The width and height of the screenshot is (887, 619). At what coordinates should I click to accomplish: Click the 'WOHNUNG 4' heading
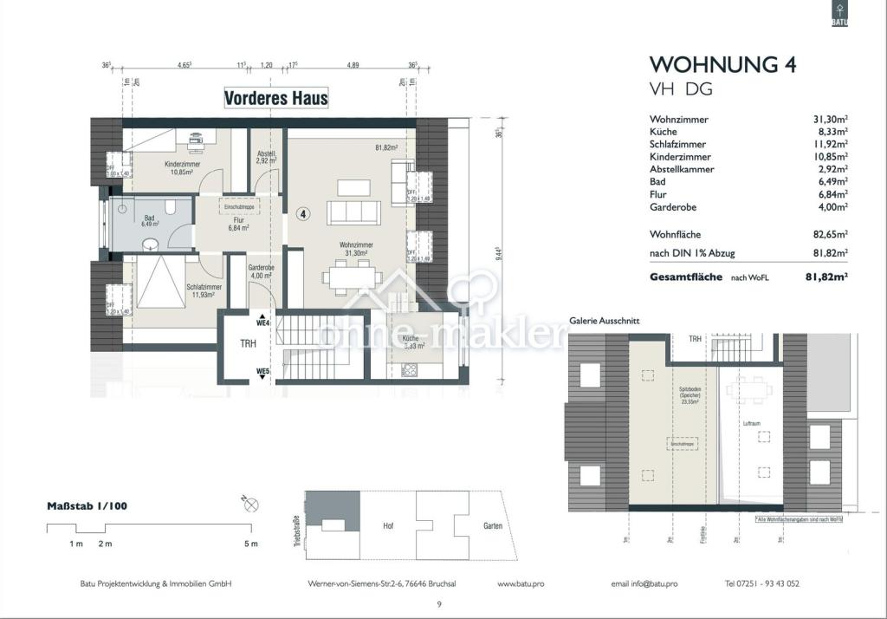(x=722, y=65)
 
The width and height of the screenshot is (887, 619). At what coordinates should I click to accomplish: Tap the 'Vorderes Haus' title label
(x=275, y=98)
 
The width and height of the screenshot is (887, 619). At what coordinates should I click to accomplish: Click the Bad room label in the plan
(x=150, y=217)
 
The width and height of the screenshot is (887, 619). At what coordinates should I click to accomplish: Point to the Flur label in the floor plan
(x=238, y=222)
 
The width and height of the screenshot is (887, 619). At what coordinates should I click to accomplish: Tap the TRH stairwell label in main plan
(x=248, y=342)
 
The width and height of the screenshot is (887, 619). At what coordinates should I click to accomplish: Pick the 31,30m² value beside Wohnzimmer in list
(x=829, y=120)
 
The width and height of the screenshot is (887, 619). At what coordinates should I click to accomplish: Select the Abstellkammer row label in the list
(x=681, y=170)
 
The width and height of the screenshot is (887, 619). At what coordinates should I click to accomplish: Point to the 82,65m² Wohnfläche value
(x=829, y=234)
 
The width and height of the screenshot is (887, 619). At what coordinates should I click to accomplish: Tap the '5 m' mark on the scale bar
(x=250, y=544)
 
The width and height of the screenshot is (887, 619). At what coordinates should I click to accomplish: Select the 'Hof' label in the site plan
(x=388, y=525)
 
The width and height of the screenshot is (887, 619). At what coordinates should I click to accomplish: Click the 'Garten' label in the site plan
(x=482, y=525)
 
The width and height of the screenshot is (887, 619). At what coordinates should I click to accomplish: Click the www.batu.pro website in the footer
(x=521, y=583)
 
